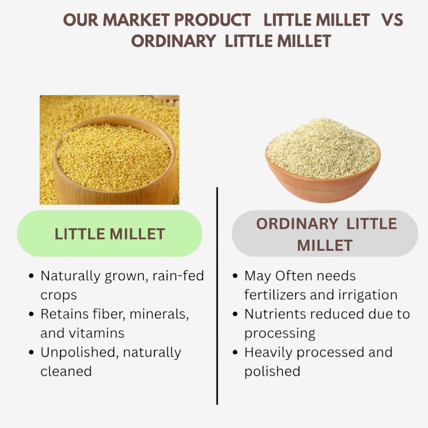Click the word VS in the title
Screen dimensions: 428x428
coord(392,20)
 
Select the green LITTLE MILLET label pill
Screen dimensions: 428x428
coord(110,234)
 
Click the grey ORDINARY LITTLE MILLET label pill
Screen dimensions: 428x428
coord(325,234)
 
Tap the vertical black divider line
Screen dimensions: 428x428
coord(217,295)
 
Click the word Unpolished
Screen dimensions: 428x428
coord(74,353)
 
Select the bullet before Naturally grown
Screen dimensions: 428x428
coord(31,276)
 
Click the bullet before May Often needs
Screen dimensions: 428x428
coord(235,276)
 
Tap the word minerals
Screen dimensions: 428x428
coord(159,314)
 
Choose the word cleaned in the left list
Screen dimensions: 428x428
coord(66,371)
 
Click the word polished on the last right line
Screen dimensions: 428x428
coord(272,371)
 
